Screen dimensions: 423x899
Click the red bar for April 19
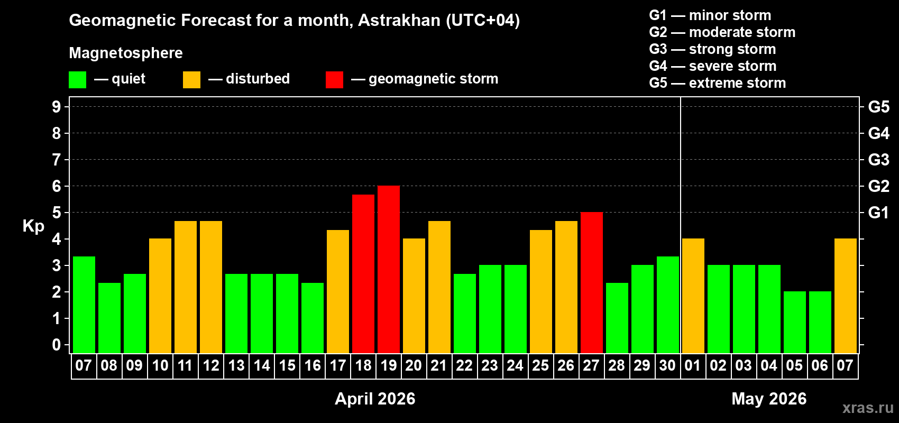pos(389,270)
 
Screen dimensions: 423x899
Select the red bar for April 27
pos(592,283)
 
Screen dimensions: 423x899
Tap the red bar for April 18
pos(363,274)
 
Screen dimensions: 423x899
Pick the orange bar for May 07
pos(846,296)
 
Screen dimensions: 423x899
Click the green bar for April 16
pos(313,318)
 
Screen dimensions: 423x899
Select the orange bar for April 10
pos(160,296)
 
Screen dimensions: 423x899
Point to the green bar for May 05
pos(795,322)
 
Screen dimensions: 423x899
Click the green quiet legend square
pos(78,80)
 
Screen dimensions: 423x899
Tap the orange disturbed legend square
pos(191,80)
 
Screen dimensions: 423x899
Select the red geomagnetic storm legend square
pos(334,80)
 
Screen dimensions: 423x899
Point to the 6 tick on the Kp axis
pos(57,186)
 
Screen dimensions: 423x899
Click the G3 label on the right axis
pos(878,160)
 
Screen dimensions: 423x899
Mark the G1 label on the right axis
pos(878,213)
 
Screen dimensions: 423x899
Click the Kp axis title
pos(33,226)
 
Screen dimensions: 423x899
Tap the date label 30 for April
pos(667,365)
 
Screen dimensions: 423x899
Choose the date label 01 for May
pos(693,365)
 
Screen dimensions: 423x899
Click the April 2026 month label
pos(375,399)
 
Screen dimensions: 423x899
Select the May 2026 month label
pos(769,399)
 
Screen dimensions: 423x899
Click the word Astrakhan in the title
pos(399,21)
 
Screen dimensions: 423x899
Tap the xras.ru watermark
pos(868,408)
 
